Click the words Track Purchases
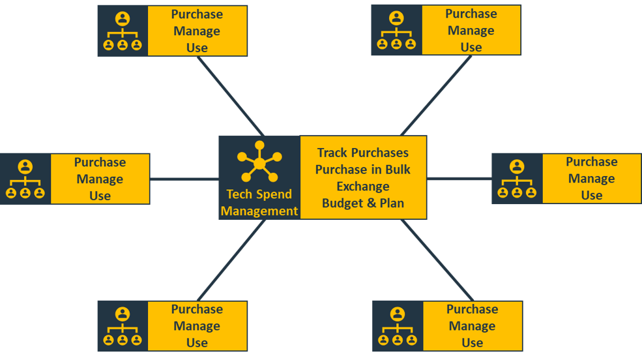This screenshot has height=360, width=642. (363, 153)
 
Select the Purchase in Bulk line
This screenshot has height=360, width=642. (363, 170)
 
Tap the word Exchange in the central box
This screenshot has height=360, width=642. (363, 187)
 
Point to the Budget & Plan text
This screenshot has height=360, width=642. (363, 203)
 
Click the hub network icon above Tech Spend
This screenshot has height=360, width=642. (259, 161)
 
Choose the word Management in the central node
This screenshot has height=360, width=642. (259, 211)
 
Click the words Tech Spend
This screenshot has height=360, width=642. (259, 194)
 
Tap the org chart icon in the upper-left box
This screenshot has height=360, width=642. (123, 31)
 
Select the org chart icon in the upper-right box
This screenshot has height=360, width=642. (396, 31)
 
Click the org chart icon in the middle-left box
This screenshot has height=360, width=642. (25, 179)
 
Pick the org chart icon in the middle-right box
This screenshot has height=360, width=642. (517, 179)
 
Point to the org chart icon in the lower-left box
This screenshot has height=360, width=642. (123, 326)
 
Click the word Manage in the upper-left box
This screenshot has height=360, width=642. (197, 31)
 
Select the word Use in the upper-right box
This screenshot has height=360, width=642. (471, 47)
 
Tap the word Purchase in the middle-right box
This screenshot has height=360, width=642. (591, 162)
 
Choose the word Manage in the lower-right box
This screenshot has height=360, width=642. (472, 326)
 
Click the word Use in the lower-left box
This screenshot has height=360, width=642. (197, 342)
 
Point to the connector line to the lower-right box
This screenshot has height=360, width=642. (437, 260)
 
